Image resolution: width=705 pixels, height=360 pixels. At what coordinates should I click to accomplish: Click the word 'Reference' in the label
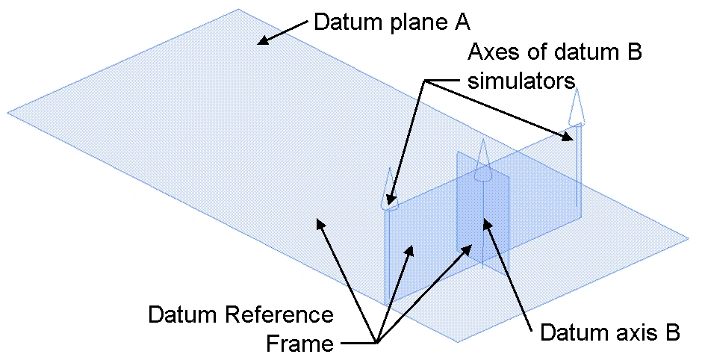coord(288,314)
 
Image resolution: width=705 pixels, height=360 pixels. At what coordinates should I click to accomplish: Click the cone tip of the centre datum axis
coord(482,142)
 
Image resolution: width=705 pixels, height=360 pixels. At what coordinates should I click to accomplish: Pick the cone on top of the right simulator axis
coord(576,108)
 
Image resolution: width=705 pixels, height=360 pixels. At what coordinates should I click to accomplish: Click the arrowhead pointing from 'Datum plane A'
coord(260,42)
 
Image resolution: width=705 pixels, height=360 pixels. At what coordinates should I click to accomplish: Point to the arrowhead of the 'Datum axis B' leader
coord(486,222)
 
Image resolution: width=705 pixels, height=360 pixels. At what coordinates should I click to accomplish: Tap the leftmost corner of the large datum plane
coord(8,113)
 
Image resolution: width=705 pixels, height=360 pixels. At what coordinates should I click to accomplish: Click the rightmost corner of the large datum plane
coord(688,240)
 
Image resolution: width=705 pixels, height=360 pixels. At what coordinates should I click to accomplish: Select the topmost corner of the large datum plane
coord(238,9)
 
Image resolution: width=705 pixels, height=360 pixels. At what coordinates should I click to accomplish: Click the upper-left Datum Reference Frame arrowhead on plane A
coord(319,222)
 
